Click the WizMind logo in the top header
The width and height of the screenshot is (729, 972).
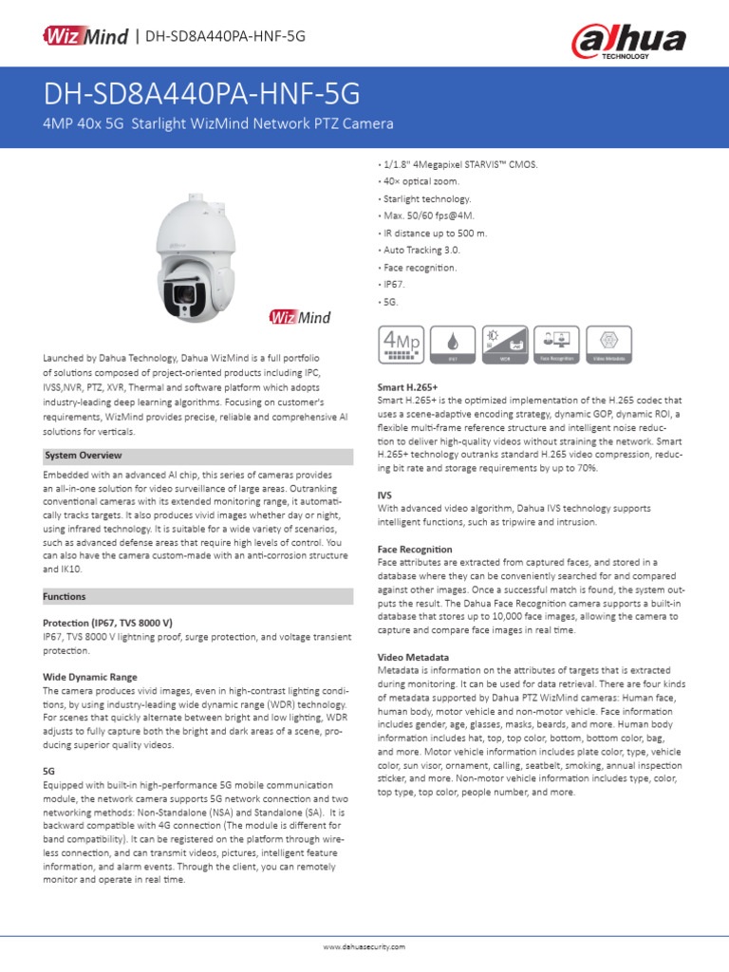click(x=84, y=36)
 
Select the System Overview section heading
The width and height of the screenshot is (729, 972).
click(x=84, y=456)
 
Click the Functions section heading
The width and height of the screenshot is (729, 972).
click(x=65, y=597)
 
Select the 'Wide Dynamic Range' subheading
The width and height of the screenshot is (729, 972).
click(x=90, y=677)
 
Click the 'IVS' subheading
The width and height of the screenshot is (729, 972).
click(x=384, y=495)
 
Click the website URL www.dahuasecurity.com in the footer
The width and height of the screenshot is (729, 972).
click(x=364, y=947)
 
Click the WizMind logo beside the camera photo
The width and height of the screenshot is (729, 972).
click(x=300, y=318)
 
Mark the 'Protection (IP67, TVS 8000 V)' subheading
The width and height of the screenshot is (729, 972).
click(x=107, y=622)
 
